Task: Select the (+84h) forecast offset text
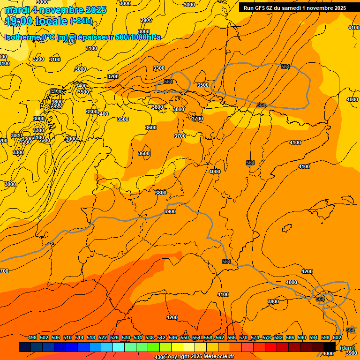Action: click(81, 21)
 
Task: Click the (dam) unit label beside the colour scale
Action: click(347, 347)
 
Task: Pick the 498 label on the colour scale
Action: click(32, 337)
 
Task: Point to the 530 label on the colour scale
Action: click(126, 337)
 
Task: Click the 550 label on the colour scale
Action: click(185, 337)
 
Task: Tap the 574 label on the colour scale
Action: click(255, 337)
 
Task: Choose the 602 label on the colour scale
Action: click(337, 337)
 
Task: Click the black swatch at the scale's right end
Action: click(330, 347)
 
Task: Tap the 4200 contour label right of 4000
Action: click(307, 271)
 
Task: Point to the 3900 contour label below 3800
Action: click(170, 211)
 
